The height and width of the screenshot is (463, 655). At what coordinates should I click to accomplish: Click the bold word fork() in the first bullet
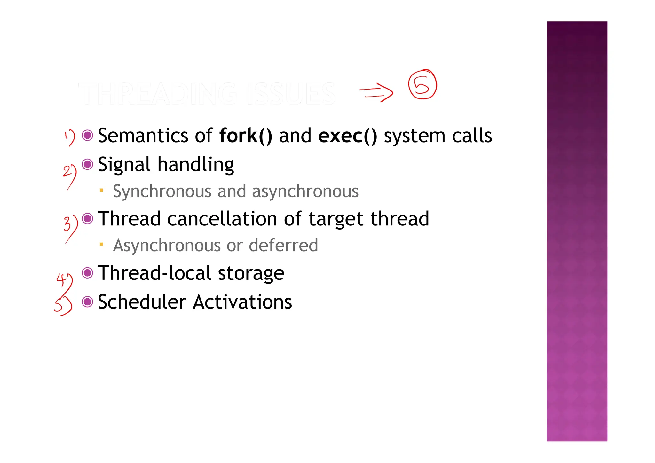(x=245, y=136)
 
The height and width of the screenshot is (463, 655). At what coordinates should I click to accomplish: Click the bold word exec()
(x=347, y=136)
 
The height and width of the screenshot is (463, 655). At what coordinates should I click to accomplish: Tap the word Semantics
(x=143, y=136)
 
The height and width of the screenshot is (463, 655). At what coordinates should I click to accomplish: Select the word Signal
(x=124, y=165)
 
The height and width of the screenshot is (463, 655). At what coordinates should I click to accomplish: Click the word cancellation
(x=222, y=219)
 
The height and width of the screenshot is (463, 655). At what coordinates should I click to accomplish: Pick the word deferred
(x=283, y=246)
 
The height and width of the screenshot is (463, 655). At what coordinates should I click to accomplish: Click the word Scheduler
(x=142, y=302)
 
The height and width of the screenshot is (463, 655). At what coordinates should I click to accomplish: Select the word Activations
(x=242, y=302)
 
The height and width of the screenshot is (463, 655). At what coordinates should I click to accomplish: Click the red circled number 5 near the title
(x=422, y=85)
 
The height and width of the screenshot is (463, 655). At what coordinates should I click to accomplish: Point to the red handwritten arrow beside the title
(x=376, y=92)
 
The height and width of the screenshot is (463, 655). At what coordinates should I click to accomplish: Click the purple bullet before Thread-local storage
(x=87, y=273)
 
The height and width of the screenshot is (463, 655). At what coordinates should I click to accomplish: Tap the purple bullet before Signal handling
(x=87, y=164)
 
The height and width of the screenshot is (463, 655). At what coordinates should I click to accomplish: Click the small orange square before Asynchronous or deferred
(x=101, y=245)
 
